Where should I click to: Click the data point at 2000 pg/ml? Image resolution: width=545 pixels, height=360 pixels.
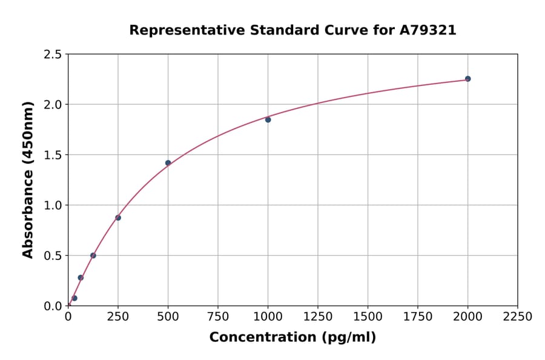point(467,79)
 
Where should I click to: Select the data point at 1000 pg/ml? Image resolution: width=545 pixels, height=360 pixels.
point(268,120)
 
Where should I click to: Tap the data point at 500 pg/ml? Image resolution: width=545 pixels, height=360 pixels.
point(168,163)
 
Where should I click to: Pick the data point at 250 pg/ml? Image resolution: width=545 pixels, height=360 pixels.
point(118,218)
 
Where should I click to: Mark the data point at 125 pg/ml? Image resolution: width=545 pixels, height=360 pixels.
point(93,255)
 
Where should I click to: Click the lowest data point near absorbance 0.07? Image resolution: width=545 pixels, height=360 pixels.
point(74,298)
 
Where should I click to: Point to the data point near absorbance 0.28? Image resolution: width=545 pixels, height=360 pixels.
point(81,278)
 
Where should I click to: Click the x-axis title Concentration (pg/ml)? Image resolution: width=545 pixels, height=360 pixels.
point(292,338)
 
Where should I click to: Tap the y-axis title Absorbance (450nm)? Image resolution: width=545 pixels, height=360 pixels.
point(28,179)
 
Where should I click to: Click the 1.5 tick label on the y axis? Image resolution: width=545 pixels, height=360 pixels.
point(53,155)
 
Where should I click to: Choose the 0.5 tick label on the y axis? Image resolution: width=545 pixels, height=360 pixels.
point(53,256)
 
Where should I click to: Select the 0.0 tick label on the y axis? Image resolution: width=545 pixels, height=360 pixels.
point(53,306)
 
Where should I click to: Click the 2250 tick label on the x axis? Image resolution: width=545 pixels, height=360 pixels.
point(517,317)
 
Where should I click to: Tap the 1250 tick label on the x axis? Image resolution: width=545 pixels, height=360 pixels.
point(317,317)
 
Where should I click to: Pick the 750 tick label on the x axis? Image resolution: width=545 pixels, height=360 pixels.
point(218,317)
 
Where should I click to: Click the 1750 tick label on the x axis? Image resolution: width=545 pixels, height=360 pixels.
point(417,317)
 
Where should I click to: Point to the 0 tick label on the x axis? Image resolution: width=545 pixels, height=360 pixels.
point(68,317)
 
